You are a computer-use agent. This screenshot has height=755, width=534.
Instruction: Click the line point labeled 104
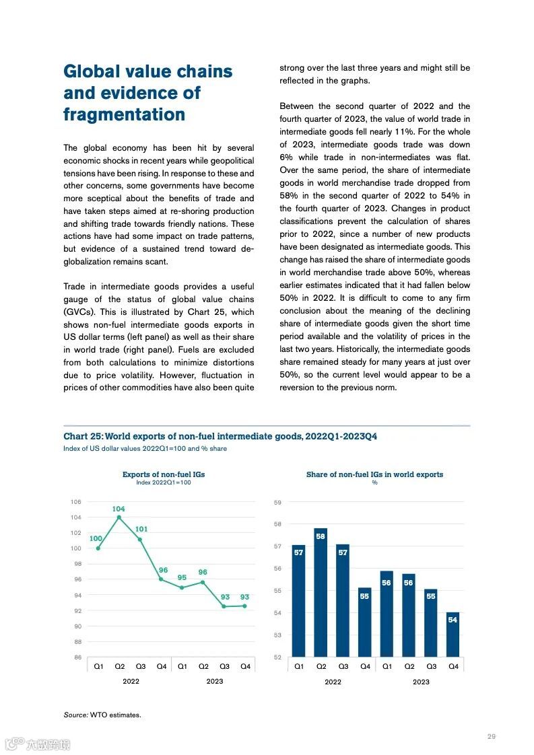[x=119, y=517]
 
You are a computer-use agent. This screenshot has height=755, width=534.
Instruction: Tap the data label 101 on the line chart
[x=141, y=529]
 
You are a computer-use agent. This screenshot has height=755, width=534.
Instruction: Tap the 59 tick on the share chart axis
[x=277, y=502]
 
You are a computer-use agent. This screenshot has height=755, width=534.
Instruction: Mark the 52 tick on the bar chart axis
[x=277, y=657]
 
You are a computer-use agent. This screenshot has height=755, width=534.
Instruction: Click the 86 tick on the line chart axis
[x=77, y=657]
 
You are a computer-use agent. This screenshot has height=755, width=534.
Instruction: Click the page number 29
[x=492, y=737]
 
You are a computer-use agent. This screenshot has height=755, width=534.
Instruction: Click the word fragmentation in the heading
[x=124, y=115]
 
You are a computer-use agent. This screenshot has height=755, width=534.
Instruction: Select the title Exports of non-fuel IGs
[x=163, y=474]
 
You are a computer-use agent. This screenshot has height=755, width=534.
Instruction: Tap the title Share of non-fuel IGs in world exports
[x=374, y=474]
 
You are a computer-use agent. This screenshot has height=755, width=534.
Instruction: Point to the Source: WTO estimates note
[x=102, y=715]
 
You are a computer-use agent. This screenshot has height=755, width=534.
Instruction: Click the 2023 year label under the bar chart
[x=421, y=682]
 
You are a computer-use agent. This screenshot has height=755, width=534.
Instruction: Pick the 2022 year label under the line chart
[x=131, y=681]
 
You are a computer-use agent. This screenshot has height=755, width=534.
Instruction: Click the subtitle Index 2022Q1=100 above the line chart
[x=163, y=482]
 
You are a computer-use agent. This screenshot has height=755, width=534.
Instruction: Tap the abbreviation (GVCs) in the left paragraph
[x=79, y=312]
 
